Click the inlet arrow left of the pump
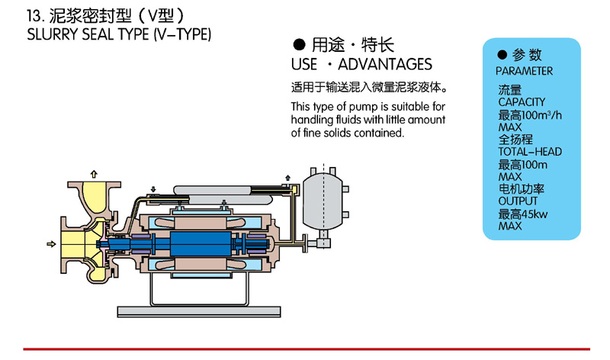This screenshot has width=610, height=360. (x=51, y=244)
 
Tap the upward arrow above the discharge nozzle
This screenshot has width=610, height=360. (x=94, y=174)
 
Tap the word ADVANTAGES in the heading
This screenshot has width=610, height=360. (x=385, y=64)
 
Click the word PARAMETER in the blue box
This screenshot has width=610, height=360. (x=524, y=71)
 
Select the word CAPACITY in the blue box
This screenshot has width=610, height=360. (x=522, y=102)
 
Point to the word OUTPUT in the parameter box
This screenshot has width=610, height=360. (x=518, y=201)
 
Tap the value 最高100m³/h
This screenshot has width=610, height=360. (x=530, y=115)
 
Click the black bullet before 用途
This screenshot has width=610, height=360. (x=299, y=45)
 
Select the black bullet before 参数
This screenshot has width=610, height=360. (x=502, y=54)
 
